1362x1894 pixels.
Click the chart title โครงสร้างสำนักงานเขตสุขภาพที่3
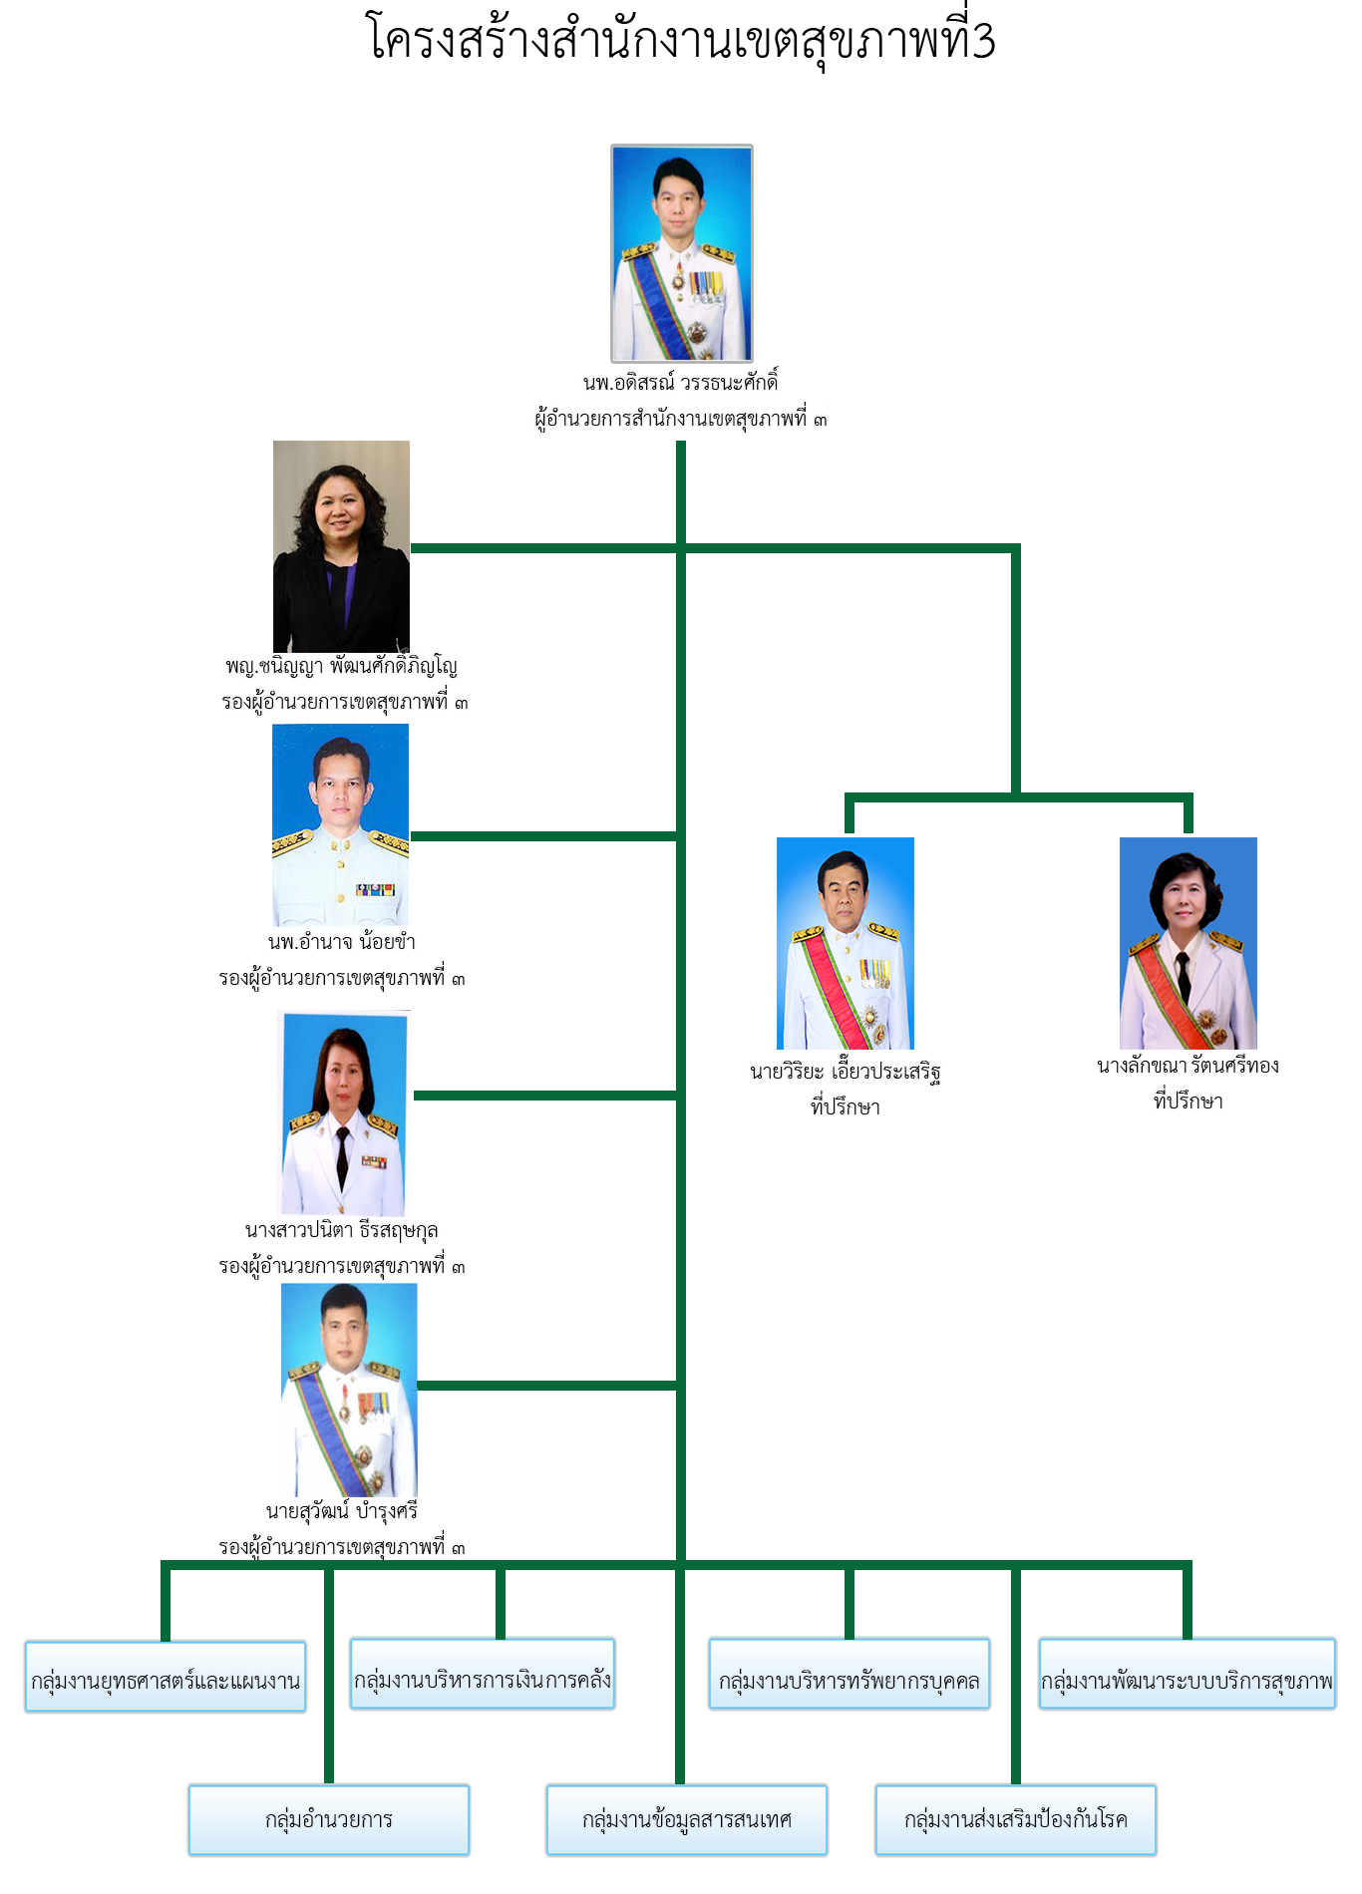pos(682,40)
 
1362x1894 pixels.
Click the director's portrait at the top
pos(682,253)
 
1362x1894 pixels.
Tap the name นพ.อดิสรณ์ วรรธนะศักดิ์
pos(681,383)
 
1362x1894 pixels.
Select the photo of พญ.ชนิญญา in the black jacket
pos(341,546)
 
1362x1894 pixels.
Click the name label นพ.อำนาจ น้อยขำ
pos(342,942)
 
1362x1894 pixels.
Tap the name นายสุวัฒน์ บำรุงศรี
pos(342,1511)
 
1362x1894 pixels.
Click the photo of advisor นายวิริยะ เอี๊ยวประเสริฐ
pos(846,943)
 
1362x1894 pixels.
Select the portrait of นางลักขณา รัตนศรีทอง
pos(1189,943)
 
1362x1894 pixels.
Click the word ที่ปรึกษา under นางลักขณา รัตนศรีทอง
pos(1189,1102)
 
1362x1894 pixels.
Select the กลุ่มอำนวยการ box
pos(329,1820)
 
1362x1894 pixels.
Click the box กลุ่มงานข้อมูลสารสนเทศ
pos(687,1820)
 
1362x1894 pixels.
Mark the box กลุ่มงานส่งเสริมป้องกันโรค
pos(1016,1820)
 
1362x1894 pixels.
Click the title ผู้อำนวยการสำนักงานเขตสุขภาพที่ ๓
pos(681,419)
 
